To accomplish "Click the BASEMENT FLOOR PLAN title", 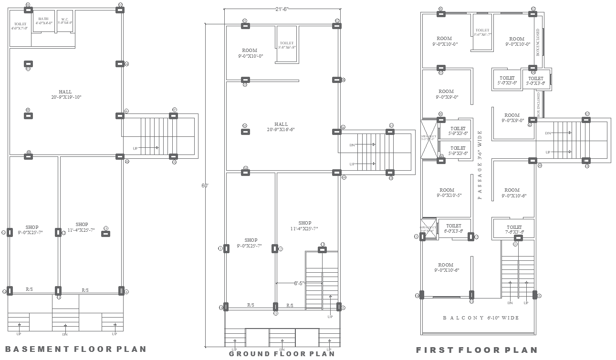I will point(75,349).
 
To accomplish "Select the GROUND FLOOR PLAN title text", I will point(282,354).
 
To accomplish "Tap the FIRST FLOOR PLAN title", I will point(477,350).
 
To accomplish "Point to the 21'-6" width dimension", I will point(282,9).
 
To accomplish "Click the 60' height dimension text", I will point(205,186).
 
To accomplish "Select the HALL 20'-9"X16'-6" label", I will point(281,127).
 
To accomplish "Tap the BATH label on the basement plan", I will point(43,21).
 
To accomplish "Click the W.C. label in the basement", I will point(64,21).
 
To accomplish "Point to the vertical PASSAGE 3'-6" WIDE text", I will point(480,165).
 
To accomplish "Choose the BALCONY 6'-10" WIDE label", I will point(480,318).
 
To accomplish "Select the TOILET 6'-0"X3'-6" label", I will point(453,228).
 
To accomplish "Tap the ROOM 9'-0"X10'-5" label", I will point(447,193).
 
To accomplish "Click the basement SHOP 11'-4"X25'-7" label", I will point(82,227).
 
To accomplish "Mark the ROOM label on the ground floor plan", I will point(250,53).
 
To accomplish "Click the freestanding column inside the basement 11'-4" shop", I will point(106,234).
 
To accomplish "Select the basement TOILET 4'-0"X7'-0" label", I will point(20,26).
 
